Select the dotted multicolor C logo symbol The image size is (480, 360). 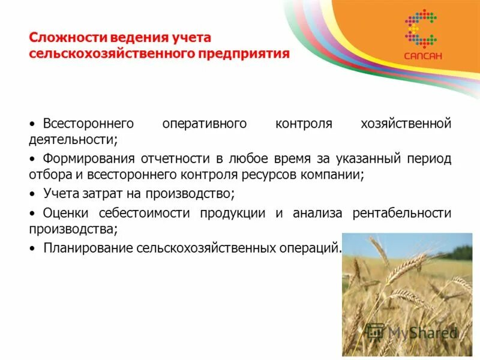point(421,29)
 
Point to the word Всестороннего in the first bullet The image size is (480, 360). point(88,124)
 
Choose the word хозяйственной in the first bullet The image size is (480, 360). point(406,124)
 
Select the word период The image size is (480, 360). point(430,159)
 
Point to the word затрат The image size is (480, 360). point(96,194)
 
